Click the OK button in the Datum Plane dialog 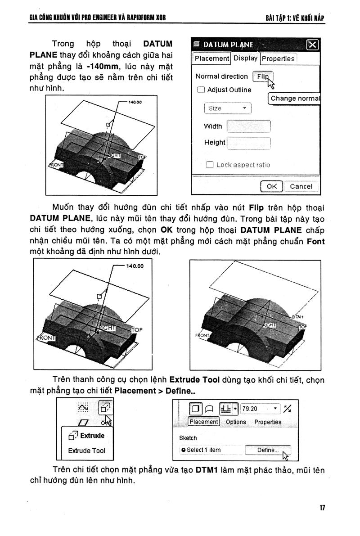click(x=271, y=186)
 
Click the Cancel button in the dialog click(x=301, y=186)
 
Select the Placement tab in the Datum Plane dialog click(x=212, y=59)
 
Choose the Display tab click(x=245, y=58)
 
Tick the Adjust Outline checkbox click(x=201, y=90)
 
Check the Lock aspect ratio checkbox click(x=209, y=165)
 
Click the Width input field click(x=248, y=126)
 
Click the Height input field click(x=248, y=143)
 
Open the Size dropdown click(x=227, y=108)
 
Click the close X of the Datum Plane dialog click(x=312, y=45)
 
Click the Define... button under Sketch click(x=268, y=450)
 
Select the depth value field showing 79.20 click(x=260, y=409)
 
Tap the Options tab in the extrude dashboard click(x=236, y=422)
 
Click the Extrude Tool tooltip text click(x=86, y=450)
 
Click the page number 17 click(x=322, y=508)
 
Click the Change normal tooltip click(x=295, y=98)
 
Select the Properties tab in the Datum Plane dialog click(x=278, y=59)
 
